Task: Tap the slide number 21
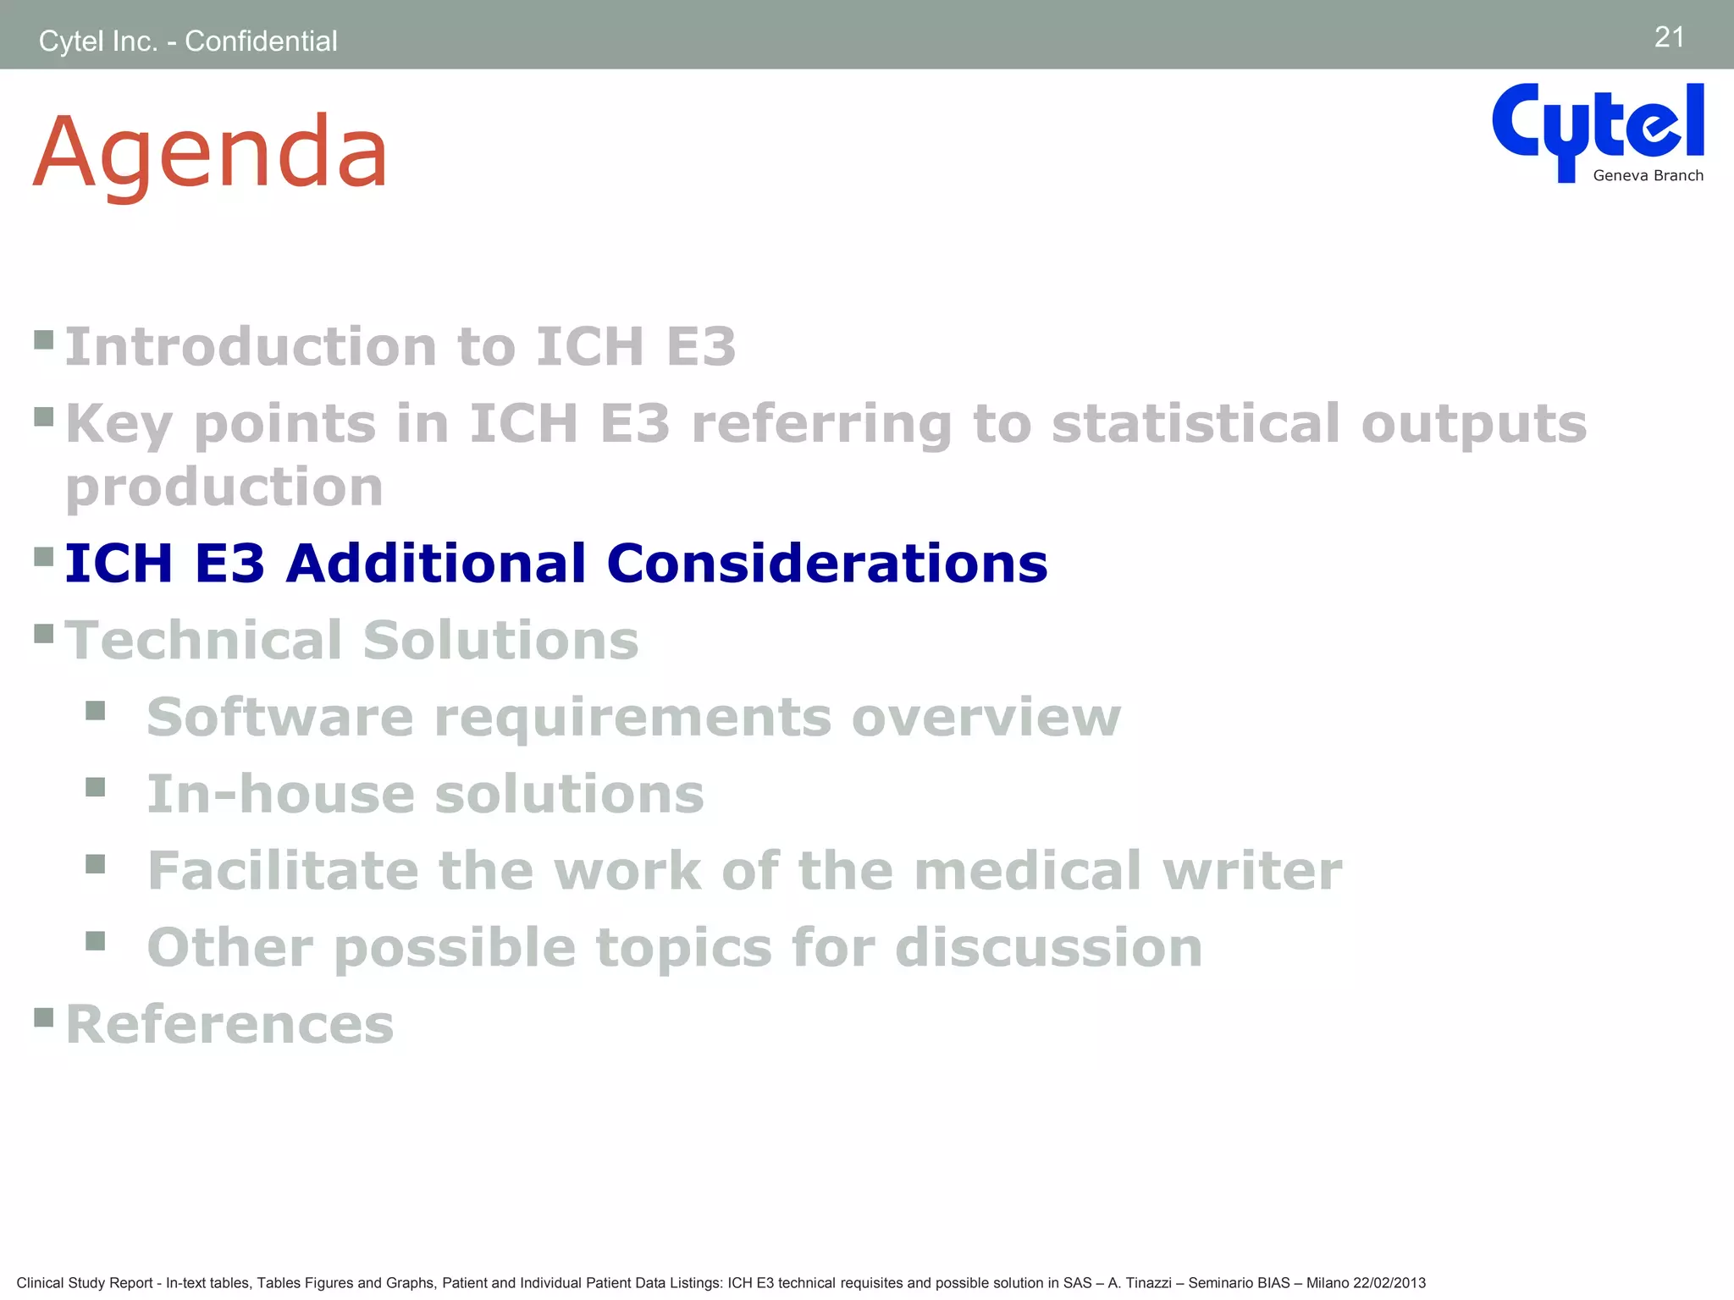[1669, 37]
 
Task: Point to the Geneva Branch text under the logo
[1648, 176]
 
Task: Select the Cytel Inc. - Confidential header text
[188, 41]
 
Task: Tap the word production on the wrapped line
[224, 487]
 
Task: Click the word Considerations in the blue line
[826, 564]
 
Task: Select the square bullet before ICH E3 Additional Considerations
[44, 557]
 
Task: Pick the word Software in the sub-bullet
[279, 718]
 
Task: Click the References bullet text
[229, 1025]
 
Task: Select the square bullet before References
[44, 1016]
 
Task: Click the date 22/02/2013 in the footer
[1389, 1283]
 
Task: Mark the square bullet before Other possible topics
[95, 941]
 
